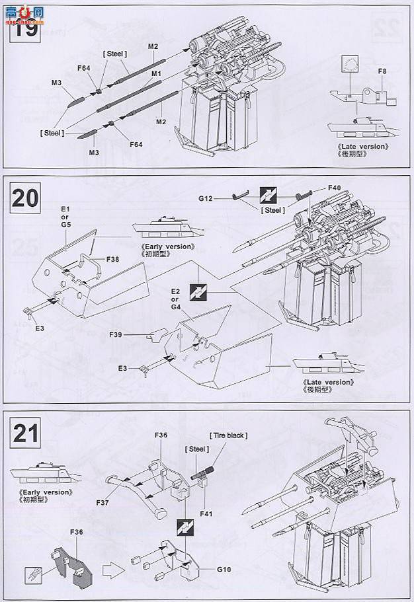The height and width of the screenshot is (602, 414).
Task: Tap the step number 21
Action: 24,433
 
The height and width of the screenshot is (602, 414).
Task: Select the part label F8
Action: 382,71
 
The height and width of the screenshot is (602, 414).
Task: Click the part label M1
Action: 157,73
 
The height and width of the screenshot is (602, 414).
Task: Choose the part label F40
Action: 335,188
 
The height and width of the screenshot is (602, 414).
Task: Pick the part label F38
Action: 114,260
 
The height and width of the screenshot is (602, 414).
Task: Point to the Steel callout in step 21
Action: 196,449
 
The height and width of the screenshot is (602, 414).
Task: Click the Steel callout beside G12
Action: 272,210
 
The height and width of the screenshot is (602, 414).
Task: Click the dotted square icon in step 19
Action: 349,65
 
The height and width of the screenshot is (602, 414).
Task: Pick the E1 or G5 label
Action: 65,216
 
